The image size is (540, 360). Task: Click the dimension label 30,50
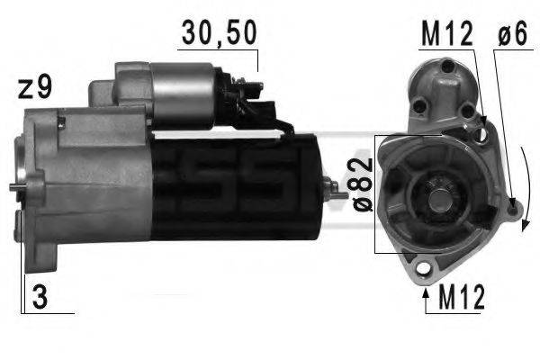click(x=219, y=33)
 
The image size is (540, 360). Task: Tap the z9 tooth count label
click(x=34, y=88)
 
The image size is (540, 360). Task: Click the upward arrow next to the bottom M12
click(x=426, y=292)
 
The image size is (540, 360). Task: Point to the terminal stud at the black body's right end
click(x=337, y=189)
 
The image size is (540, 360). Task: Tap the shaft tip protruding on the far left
click(x=15, y=187)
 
